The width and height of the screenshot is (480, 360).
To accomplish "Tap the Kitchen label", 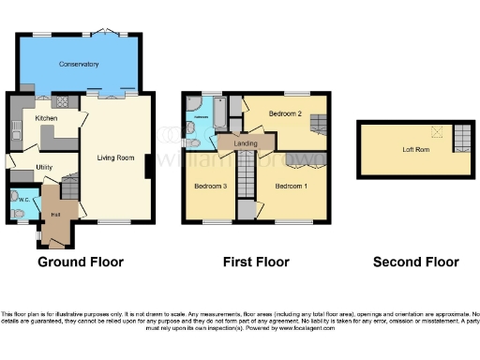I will pyautogui.click(x=47, y=119).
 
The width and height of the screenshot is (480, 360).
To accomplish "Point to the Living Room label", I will pyautogui.click(x=114, y=157).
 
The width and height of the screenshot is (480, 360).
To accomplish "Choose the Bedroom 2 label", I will pyautogui.click(x=284, y=113).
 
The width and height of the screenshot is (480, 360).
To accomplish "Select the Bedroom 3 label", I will pyautogui.click(x=210, y=186).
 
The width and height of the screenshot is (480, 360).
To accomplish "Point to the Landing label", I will pyautogui.click(x=246, y=142).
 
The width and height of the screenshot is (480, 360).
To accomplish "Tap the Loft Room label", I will pyautogui.click(x=415, y=149).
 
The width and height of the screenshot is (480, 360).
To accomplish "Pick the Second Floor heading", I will pyautogui.click(x=415, y=262).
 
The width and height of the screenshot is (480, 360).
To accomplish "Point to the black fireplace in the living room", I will pyautogui.click(x=146, y=167).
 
